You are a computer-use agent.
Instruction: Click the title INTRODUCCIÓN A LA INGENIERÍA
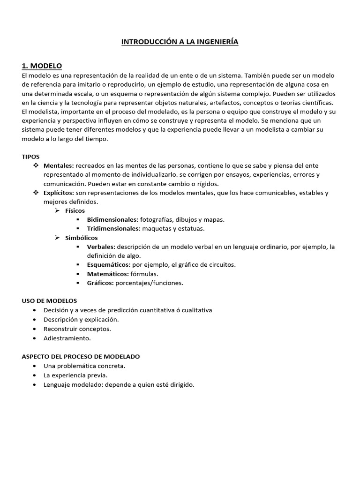[x=180, y=42]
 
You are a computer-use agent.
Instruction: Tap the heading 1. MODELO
[x=42, y=66]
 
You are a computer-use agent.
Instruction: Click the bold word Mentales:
[x=59, y=166]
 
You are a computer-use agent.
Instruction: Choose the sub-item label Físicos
[x=75, y=211]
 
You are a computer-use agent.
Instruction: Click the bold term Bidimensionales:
[x=112, y=220]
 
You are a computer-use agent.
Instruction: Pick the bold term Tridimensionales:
[x=113, y=229]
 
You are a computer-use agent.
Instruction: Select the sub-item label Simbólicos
[x=82, y=238]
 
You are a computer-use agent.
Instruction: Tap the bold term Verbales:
[x=101, y=247]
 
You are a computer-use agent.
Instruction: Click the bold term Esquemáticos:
[x=109, y=265]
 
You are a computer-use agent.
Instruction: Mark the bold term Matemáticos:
[x=108, y=274]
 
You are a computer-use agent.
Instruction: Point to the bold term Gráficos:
[x=100, y=283]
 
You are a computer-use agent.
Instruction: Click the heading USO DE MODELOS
[x=49, y=300]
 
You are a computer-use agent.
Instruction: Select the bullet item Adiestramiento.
[x=67, y=338]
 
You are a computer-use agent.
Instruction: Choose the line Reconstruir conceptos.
[x=77, y=329]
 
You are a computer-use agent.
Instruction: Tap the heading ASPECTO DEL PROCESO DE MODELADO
[x=81, y=356]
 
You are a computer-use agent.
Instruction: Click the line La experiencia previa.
[x=75, y=375]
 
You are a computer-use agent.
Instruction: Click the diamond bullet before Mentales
[x=36, y=166]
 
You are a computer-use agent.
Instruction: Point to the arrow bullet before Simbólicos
[x=57, y=238]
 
